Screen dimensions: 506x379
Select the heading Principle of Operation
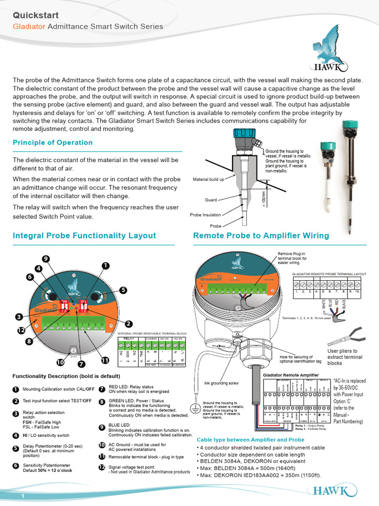(x=52, y=143)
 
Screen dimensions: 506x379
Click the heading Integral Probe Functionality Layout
(x=84, y=236)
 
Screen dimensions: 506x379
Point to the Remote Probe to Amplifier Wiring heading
(x=261, y=236)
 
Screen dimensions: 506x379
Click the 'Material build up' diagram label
(x=208, y=179)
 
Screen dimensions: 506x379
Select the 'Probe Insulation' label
(x=205, y=215)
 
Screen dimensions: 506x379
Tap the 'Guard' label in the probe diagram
(x=211, y=200)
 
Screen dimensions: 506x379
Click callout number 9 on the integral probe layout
(x=46, y=258)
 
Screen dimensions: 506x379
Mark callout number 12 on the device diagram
(x=21, y=331)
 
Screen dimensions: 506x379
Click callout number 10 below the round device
(x=60, y=362)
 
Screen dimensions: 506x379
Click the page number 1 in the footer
(x=23, y=496)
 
